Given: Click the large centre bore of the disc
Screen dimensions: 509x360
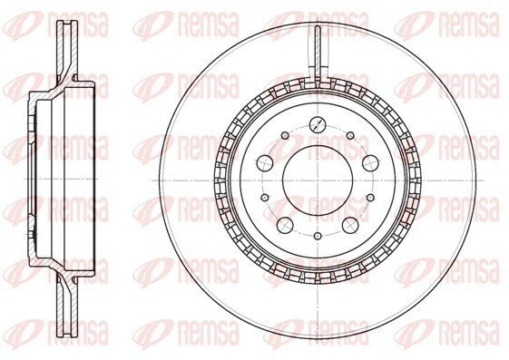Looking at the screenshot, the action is pyautogui.click(x=318, y=180).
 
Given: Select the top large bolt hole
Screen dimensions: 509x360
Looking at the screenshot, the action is pyautogui.click(x=318, y=123).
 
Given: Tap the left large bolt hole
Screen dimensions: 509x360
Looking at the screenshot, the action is pyautogui.click(x=265, y=162).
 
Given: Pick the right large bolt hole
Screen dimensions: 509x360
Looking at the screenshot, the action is pyautogui.click(x=371, y=162).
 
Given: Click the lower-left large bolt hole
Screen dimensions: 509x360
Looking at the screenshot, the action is pyautogui.click(x=285, y=225).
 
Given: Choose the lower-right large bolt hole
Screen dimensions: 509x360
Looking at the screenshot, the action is pyautogui.click(x=350, y=225).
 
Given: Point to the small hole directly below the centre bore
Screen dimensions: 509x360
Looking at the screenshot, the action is pyautogui.click(x=318, y=236).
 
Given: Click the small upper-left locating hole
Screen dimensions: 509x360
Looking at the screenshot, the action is pyautogui.click(x=285, y=135).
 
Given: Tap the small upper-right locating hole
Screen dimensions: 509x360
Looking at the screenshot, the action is pyautogui.click(x=350, y=135).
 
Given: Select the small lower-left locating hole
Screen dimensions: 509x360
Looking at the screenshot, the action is pyautogui.click(x=265, y=197).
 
